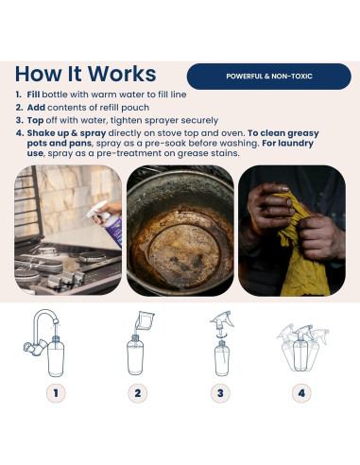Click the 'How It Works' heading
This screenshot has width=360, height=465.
click(86, 74)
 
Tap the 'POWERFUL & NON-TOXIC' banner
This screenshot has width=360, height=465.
click(269, 77)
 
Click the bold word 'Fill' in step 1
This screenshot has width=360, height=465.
click(33, 95)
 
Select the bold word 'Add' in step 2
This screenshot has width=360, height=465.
click(36, 108)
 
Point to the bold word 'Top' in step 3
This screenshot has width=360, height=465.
click(35, 120)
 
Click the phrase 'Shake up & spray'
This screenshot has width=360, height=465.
click(66, 133)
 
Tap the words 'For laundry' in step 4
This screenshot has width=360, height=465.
click(287, 144)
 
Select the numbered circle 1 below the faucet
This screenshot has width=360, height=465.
click(56, 393)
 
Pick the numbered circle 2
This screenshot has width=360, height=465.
click(138, 393)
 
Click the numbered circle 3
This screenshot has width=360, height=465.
click(220, 393)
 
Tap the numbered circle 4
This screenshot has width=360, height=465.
click(301, 393)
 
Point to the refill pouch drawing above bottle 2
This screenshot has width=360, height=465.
click(145, 320)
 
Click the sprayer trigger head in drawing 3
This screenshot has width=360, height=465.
click(222, 320)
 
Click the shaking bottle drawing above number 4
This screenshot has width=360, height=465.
click(302, 347)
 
